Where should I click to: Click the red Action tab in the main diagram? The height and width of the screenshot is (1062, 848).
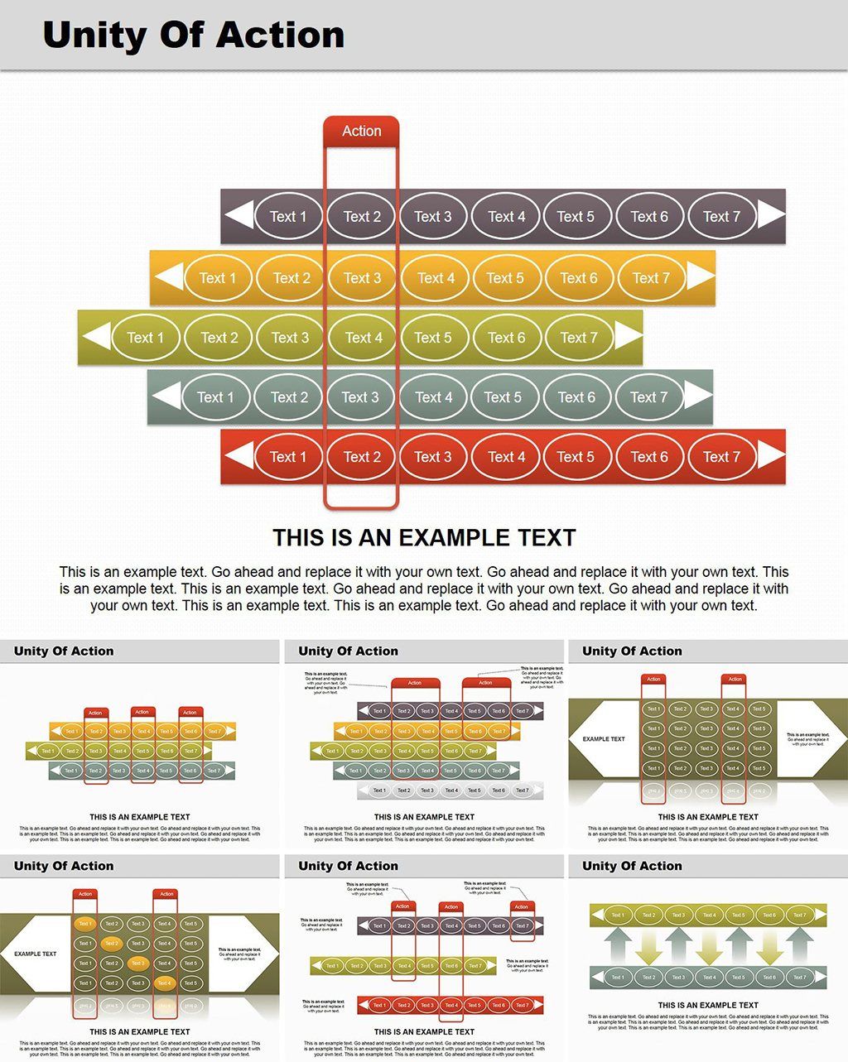pyautogui.click(x=361, y=131)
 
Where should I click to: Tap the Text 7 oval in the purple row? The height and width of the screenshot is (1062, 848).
pyautogui.click(x=721, y=217)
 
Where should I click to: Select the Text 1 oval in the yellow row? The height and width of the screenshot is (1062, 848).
pyautogui.click(x=218, y=278)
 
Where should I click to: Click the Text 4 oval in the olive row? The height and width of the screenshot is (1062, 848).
pyautogui.click(x=364, y=338)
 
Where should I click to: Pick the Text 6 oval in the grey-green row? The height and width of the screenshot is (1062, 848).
pyautogui.click(x=576, y=397)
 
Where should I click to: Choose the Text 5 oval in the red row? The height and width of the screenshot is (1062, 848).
pyautogui.click(x=576, y=457)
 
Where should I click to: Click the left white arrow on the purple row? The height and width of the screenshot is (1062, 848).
pyautogui.click(x=239, y=216)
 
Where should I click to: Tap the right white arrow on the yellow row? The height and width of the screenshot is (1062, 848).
pyautogui.click(x=699, y=276)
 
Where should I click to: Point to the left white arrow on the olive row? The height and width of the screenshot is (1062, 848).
pyautogui.click(x=97, y=336)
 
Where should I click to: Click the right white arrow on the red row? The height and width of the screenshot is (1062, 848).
pyautogui.click(x=771, y=455)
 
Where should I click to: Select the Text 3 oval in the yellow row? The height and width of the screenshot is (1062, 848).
pyautogui.click(x=362, y=278)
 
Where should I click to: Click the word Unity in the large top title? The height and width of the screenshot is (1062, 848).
pyautogui.click(x=97, y=36)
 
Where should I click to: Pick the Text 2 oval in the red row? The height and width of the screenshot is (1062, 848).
pyautogui.click(x=362, y=457)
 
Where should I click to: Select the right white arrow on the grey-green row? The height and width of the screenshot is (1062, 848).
pyautogui.click(x=698, y=396)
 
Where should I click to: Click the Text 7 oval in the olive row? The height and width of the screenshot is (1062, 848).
pyautogui.click(x=579, y=338)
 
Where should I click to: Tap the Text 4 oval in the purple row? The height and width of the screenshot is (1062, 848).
pyautogui.click(x=506, y=217)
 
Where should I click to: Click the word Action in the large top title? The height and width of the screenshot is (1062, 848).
pyautogui.click(x=281, y=36)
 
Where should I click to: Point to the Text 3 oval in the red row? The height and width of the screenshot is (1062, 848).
pyautogui.click(x=433, y=457)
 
